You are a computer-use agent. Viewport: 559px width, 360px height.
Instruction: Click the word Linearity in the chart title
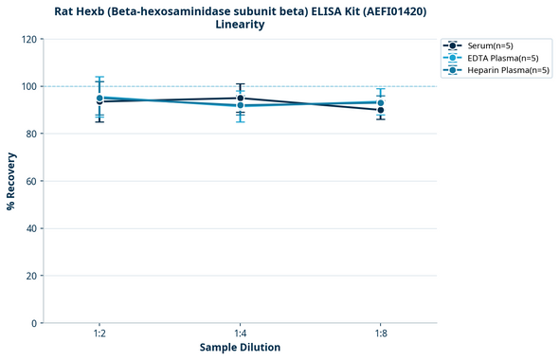click(240, 25)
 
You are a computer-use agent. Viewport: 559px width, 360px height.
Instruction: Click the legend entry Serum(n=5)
click(490, 45)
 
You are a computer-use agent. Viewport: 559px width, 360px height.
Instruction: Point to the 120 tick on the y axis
click(27, 39)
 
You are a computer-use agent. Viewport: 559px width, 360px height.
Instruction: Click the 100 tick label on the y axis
click(27, 86)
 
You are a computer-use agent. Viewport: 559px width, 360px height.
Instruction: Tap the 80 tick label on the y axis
click(30, 134)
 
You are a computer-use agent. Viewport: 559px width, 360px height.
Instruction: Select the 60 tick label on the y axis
click(30, 181)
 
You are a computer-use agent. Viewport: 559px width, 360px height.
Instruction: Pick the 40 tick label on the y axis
click(30, 228)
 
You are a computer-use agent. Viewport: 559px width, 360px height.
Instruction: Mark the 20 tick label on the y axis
click(30, 276)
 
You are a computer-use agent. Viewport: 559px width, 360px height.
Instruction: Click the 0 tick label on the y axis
click(33, 323)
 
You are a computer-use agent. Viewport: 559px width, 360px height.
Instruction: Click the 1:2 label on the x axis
click(99, 333)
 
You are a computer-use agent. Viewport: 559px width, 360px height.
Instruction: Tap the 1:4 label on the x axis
click(240, 333)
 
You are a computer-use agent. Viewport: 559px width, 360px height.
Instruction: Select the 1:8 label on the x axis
click(381, 333)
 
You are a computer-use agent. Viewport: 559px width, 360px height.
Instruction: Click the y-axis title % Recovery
click(11, 181)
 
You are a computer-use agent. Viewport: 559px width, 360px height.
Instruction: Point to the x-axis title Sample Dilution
click(240, 348)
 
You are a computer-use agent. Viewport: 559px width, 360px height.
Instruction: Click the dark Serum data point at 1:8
click(381, 110)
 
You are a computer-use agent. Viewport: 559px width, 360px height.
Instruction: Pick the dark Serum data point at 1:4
click(241, 98)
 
